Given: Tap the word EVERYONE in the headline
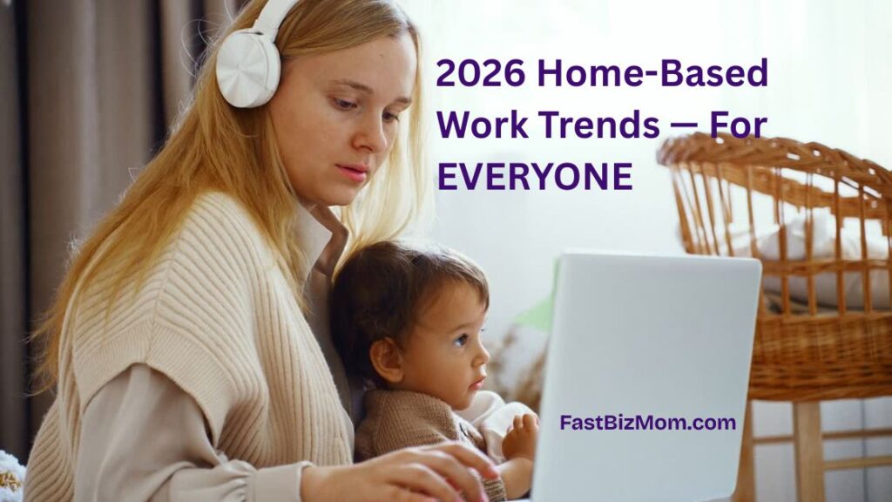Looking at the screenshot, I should [534, 176].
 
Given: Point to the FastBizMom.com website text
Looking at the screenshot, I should [648, 423].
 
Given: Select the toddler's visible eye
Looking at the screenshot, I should [459, 341].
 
